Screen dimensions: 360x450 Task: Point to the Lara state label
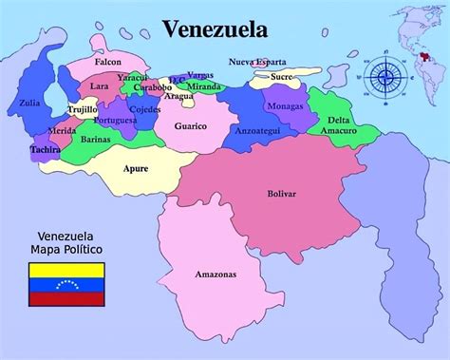pos(99,85)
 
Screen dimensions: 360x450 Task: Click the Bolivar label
pos(282,194)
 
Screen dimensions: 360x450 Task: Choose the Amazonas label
pos(216,275)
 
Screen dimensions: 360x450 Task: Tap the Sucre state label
pos(281,75)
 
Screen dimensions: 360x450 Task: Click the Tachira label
pos(45,149)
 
